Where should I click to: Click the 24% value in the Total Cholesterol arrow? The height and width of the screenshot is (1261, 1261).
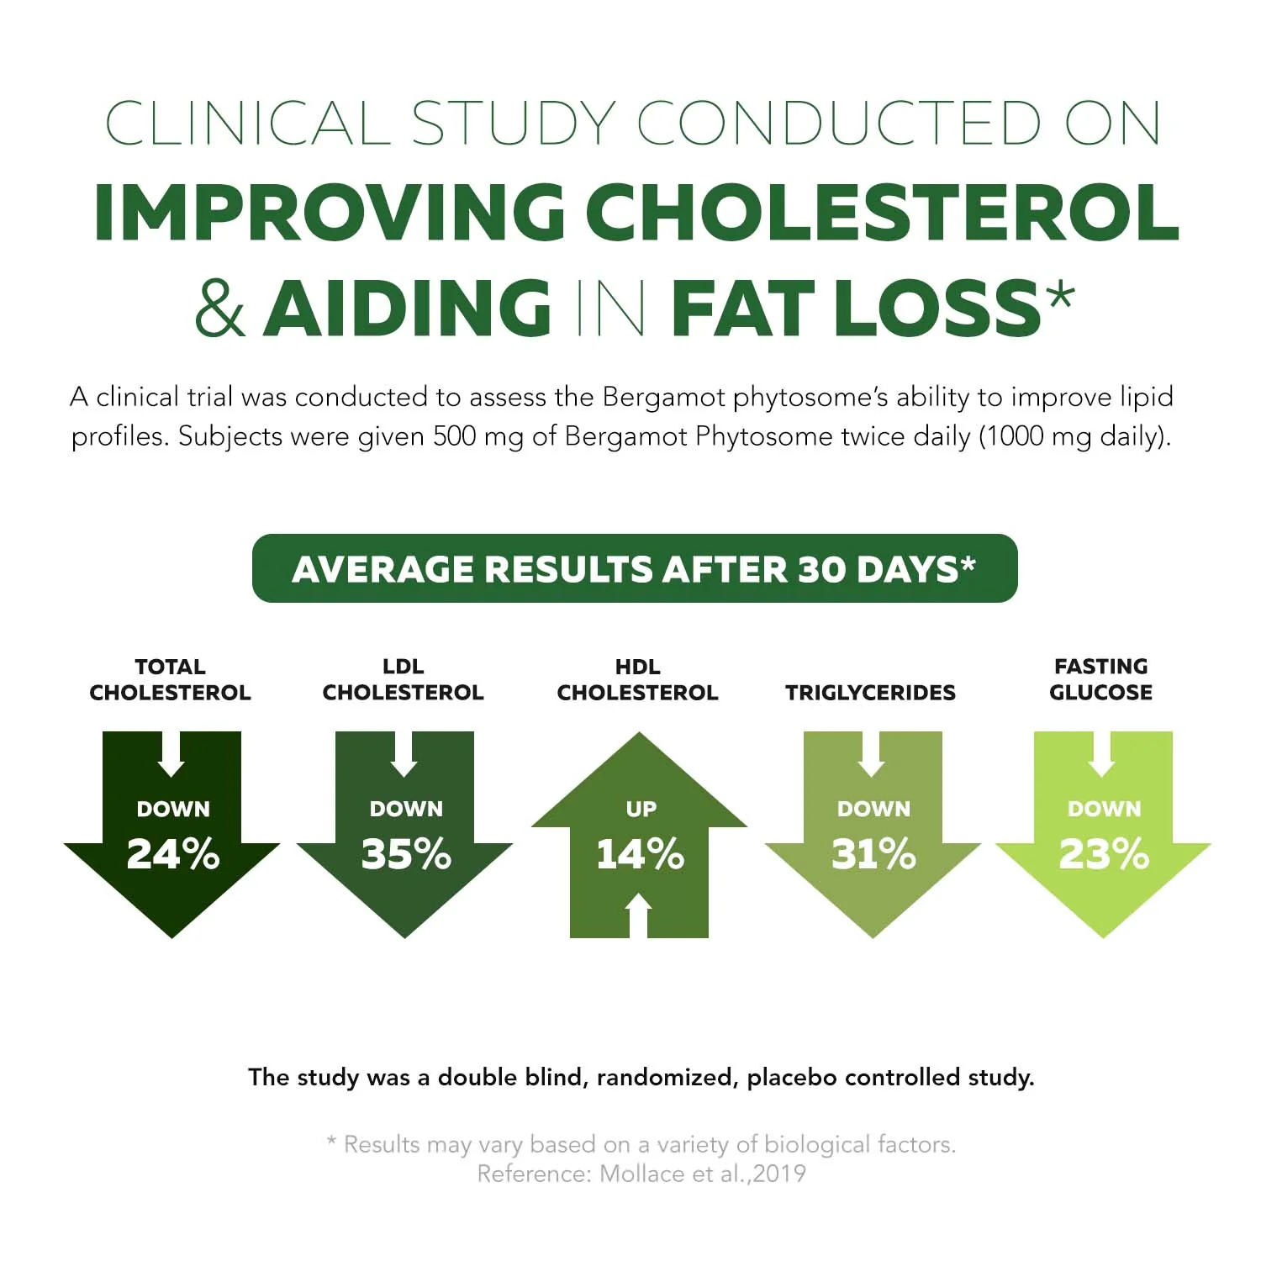pos(173,854)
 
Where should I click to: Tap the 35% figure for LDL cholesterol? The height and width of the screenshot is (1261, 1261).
pos(406,854)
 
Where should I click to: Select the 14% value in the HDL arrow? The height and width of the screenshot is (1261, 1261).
pos(640,854)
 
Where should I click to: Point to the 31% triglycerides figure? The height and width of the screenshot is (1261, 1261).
pos(873,854)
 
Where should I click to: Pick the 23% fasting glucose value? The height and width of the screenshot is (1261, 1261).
pos(1104,854)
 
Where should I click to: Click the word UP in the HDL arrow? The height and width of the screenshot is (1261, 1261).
pos(641,809)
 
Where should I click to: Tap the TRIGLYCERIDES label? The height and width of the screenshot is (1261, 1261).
pos(870,693)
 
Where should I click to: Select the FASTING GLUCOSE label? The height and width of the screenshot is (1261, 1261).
pos(1101,679)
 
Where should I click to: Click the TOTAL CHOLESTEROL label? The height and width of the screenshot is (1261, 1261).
pos(170,679)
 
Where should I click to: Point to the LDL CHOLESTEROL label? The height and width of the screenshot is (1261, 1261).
pos(404,679)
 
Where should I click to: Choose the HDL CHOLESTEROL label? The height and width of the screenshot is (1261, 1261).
pos(637,679)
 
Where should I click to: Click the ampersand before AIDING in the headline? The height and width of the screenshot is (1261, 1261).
pos(220,308)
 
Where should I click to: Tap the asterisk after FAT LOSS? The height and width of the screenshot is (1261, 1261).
pos(1059,296)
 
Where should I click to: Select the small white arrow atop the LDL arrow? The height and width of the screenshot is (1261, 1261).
pos(404,754)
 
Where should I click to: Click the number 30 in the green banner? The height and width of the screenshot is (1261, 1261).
pos(822,569)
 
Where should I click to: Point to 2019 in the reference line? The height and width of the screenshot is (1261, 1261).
pos(779,1174)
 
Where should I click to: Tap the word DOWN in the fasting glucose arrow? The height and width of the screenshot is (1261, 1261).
pos(1104,809)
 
